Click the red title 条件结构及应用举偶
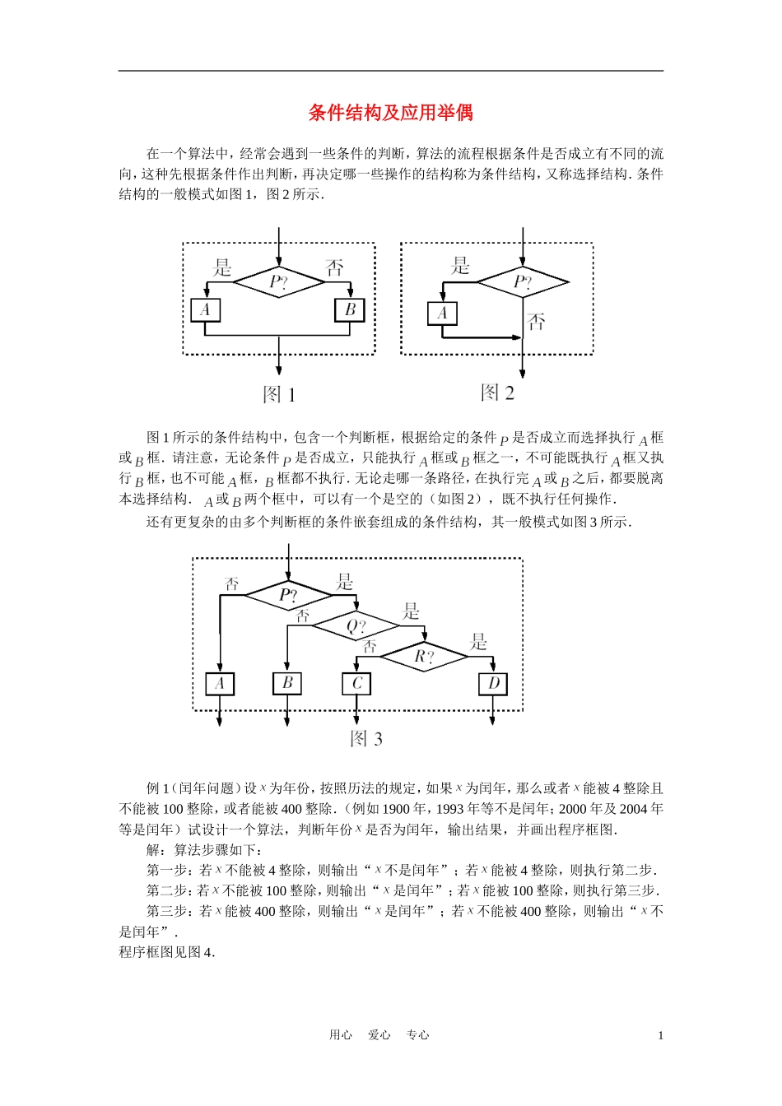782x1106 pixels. pyautogui.click(x=390, y=113)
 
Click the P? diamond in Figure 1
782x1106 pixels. pyautogui.click(x=279, y=282)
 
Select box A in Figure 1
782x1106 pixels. pyautogui.click(x=205, y=310)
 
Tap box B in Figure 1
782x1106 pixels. pyautogui.click(x=350, y=310)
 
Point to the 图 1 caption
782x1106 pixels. pyautogui.click(x=279, y=394)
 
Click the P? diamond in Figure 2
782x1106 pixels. pyautogui.click(x=523, y=282)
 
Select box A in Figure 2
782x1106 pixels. pyautogui.click(x=442, y=313)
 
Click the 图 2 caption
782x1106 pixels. pyautogui.click(x=498, y=393)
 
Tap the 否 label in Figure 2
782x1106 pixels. pyautogui.click(x=536, y=322)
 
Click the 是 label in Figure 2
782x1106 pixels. pyautogui.click(x=461, y=265)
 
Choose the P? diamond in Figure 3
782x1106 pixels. pyautogui.click(x=288, y=595)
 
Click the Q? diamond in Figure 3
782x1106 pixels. pyautogui.click(x=356, y=626)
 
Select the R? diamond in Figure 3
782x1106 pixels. pyautogui.click(x=424, y=656)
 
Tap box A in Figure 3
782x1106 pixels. pyautogui.click(x=220, y=684)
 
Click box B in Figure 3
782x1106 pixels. pyautogui.click(x=287, y=683)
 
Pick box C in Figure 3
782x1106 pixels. pyautogui.click(x=356, y=684)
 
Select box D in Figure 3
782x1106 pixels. pyautogui.click(x=493, y=684)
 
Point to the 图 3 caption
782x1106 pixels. pyautogui.click(x=366, y=738)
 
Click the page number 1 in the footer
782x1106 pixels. pyautogui.click(x=660, y=1035)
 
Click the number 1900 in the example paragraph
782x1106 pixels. pyautogui.click(x=391, y=809)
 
